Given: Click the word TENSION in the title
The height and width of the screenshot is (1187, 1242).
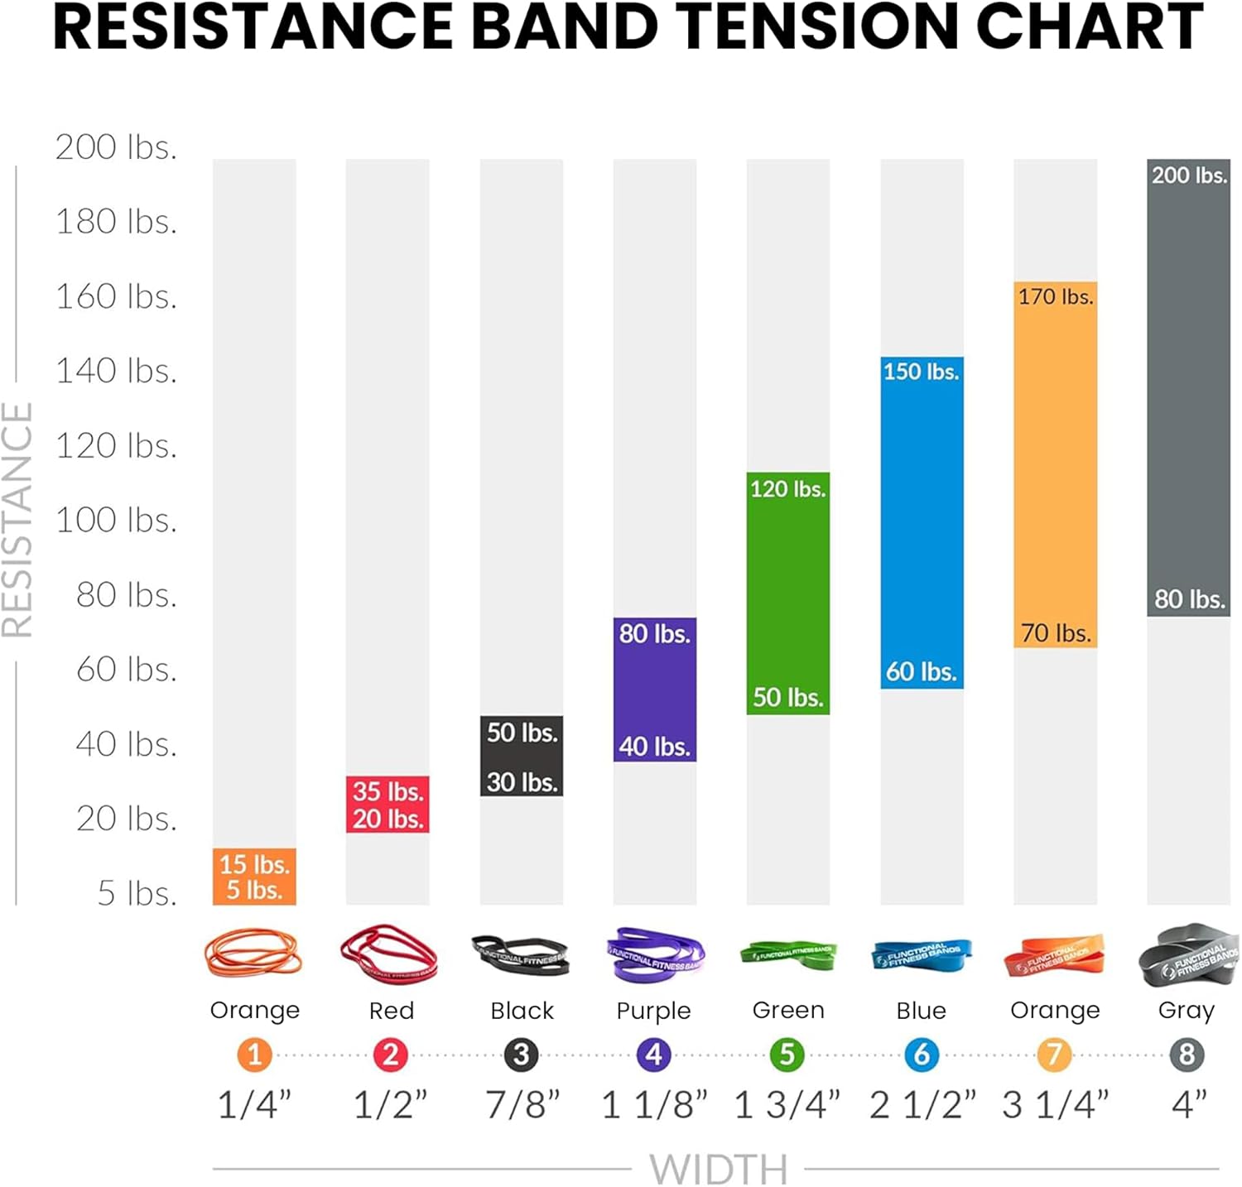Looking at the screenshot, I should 821,26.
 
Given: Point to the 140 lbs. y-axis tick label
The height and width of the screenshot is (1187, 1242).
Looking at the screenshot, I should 116,371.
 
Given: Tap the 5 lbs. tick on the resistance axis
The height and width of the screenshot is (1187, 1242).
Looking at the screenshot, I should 137,893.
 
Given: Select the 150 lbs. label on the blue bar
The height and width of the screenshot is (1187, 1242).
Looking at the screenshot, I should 921,372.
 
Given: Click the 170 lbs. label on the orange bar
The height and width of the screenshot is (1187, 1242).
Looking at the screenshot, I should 1055,296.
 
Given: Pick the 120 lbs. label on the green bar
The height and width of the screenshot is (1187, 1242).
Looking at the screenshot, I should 787,489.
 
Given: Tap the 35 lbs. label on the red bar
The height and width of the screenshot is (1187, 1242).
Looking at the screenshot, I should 388,791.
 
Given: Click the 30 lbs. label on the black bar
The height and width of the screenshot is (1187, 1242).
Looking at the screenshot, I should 522,781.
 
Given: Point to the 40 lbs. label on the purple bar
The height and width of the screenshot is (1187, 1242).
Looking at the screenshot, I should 654,747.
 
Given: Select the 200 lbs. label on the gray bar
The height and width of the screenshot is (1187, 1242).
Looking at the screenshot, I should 1188,175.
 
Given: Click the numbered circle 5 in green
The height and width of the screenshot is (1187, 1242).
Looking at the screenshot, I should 787,1055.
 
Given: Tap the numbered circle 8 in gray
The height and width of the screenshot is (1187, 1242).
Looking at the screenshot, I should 1187,1055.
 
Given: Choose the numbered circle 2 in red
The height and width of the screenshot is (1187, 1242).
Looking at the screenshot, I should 390,1055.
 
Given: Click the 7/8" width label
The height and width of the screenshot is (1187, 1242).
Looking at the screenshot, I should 522,1105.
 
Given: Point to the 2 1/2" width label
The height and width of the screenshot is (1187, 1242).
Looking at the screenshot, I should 922,1105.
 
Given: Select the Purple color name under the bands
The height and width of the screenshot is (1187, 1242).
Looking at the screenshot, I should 653,1011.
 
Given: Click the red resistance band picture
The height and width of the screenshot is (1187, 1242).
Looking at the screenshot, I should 388,954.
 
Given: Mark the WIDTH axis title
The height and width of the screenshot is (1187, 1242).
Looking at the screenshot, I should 718,1168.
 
